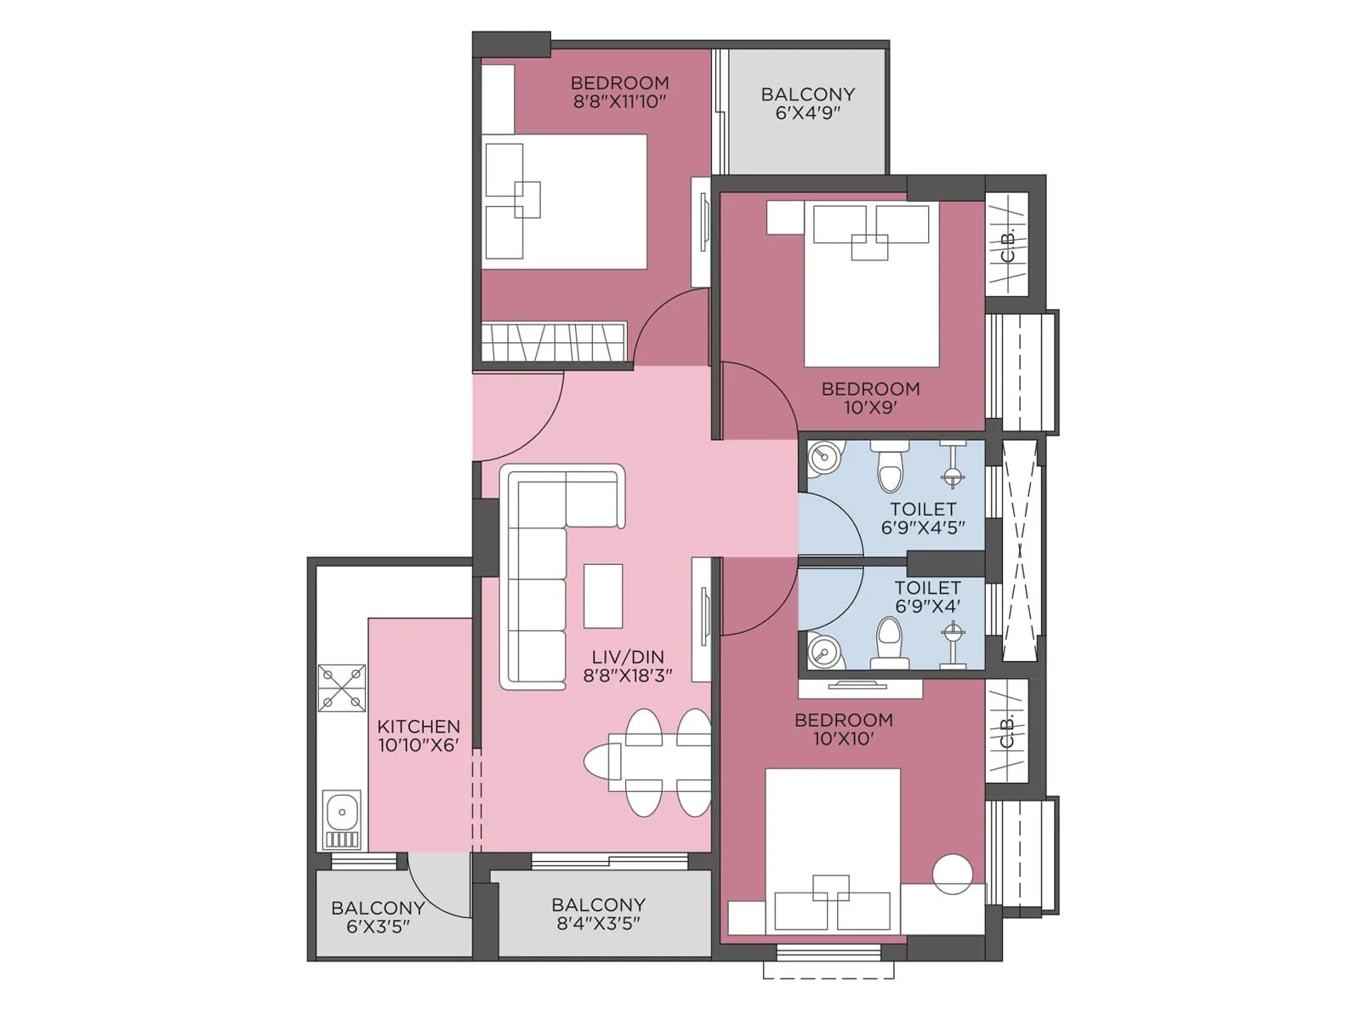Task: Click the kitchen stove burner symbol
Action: pyautogui.click(x=341, y=687)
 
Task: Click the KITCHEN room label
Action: pyautogui.click(x=419, y=727)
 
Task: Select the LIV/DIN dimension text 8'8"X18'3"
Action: pyautogui.click(x=628, y=676)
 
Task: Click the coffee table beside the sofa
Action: pyautogui.click(x=602, y=596)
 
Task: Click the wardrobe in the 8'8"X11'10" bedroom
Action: pyautogui.click(x=554, y=342)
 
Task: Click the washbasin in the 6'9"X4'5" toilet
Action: pyautogui.click(x=823, y=458)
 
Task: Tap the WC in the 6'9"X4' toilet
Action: pyautogui.click(x=889, y=642)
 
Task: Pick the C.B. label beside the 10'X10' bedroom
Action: pyautogui.click(x=1007, y=732)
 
